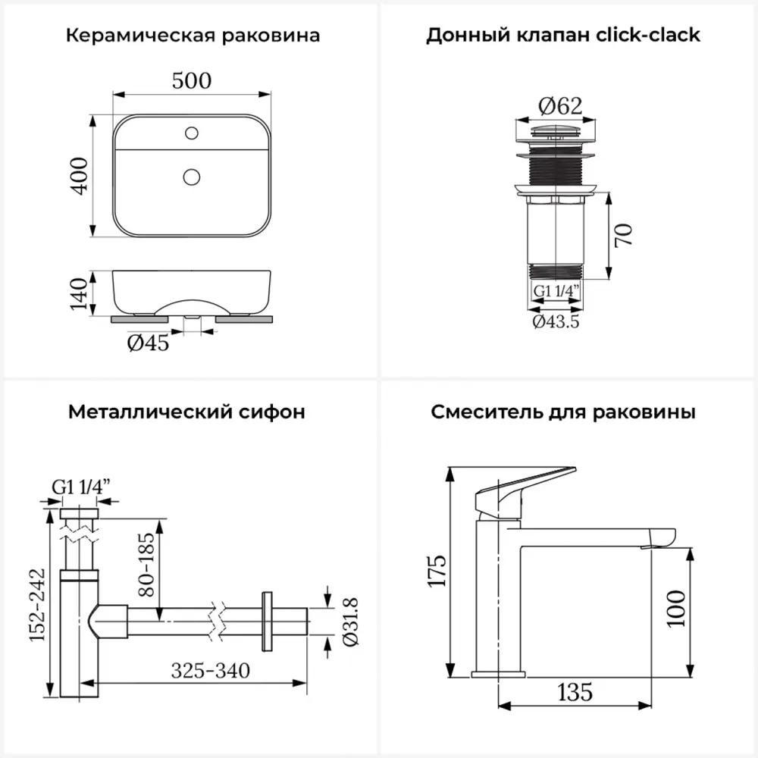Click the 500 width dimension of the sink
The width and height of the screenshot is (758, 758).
pyautogui.click(x=191, y=80)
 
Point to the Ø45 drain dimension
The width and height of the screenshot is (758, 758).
pyautogui.click(x=148, y=343)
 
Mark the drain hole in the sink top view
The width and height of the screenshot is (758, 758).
pyautogui.click(x=191, y=177)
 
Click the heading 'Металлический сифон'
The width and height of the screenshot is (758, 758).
pyautogui.click(x=186, y=412)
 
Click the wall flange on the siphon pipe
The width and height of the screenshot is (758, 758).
pyautogui.click(x=266, y=619)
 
